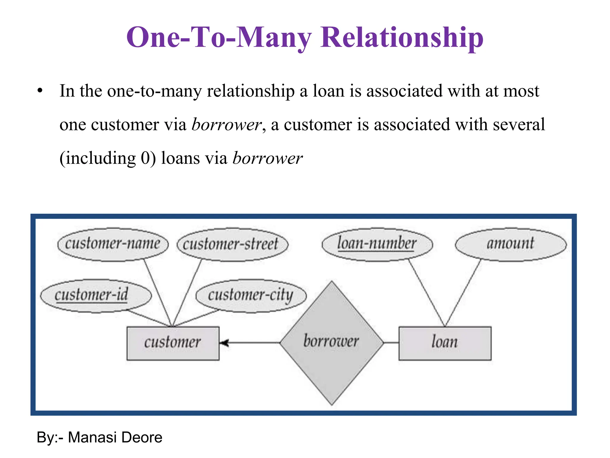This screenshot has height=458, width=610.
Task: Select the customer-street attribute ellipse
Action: tap(232, 245)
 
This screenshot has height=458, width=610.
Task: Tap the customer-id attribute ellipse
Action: tap(96, 295)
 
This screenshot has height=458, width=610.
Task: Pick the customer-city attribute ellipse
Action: tap(251, 295)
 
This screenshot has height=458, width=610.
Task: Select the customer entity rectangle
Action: tap(173, 343)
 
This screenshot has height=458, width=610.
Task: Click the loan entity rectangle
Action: tap(445, 343)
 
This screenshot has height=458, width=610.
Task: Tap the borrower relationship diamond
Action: tap(332, 343)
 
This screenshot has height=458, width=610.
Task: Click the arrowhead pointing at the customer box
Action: tap(224, 343)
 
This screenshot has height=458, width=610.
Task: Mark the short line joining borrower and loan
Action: tap(391, 343)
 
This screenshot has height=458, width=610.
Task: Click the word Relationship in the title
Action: tap(402, 38)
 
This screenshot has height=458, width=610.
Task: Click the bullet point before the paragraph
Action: tap(40, 91)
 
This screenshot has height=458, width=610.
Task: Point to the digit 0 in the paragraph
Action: tap(146, 158)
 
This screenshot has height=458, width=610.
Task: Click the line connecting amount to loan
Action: tap(463, 293)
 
